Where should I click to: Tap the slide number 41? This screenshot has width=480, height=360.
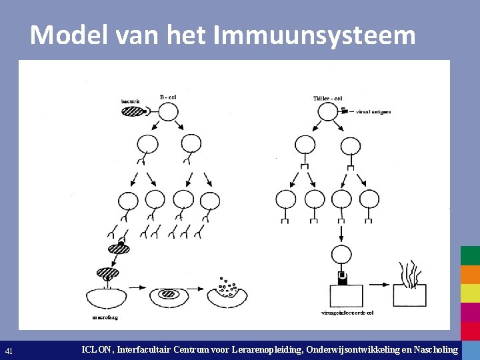[x=9, y=350]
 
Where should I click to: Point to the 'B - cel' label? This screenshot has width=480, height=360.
[x=168, y=97]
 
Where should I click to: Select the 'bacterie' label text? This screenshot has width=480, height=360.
[x=131, y=101]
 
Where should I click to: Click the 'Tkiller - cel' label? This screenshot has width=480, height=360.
[x=327, y=98]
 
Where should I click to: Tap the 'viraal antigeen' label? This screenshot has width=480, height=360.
[x=373, y=112]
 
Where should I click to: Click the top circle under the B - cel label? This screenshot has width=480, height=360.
[x=168, y=111]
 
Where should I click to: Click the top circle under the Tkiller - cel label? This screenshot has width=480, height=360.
[x=328, y=111]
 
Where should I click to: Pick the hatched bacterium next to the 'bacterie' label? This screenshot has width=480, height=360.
[x=132, y=111]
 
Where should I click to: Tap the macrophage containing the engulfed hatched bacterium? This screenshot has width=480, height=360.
[x=170, y=294]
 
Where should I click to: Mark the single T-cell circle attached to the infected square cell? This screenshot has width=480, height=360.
[x=341, y=254]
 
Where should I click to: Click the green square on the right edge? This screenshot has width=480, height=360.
[x=470, y=256]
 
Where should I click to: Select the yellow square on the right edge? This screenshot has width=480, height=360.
[x=470, y=293]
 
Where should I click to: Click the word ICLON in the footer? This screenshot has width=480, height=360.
[x=97, y=349]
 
